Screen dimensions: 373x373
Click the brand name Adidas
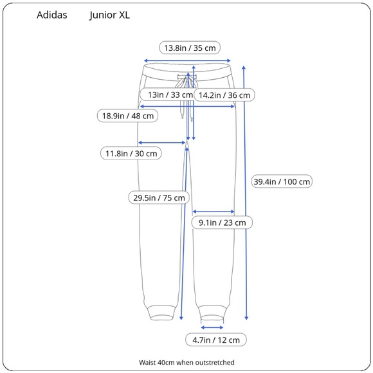52,15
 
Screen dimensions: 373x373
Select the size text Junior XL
110,15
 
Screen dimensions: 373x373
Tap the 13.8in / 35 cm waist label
190,48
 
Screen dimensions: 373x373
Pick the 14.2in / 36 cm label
224,95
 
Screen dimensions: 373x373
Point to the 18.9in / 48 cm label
128,116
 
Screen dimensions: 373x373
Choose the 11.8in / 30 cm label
131,154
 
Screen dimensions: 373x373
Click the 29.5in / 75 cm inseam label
159,197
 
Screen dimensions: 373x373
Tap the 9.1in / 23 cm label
222,223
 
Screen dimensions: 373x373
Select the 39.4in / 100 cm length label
282,182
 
